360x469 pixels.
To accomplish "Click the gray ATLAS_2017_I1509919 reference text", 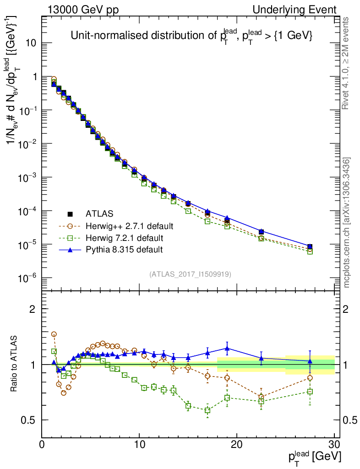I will tap(190, 274).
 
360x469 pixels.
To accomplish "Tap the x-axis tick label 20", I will tap(237, 444).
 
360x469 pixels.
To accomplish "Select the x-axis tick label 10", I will tap(139, 444).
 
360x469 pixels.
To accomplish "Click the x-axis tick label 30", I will tap(334, 444).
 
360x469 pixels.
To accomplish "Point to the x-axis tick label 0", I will tap(42, 444).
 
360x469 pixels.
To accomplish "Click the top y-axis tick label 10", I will tap(32, 44).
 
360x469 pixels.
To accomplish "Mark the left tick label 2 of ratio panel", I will tap(33, 309).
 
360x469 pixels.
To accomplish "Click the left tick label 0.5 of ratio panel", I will tap(28, 420).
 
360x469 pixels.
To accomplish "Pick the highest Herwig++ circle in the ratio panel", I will tap(54, 334).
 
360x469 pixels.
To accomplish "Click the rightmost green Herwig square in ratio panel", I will tap(310, 392).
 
